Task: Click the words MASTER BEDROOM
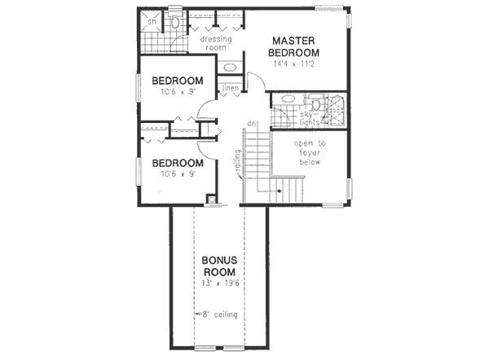pos(294,46)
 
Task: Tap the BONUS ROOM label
pos(219,266)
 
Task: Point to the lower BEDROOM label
pos(178,162)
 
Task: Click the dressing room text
pos(215,42)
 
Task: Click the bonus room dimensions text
pos(219,283)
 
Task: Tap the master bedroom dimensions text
pos(294,63)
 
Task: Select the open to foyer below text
pos(309,151)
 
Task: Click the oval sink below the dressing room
pos(230,66)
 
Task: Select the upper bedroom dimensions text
pos(178,92)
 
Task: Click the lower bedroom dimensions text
pos(178,173)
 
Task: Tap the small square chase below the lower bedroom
pos(211,199)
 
